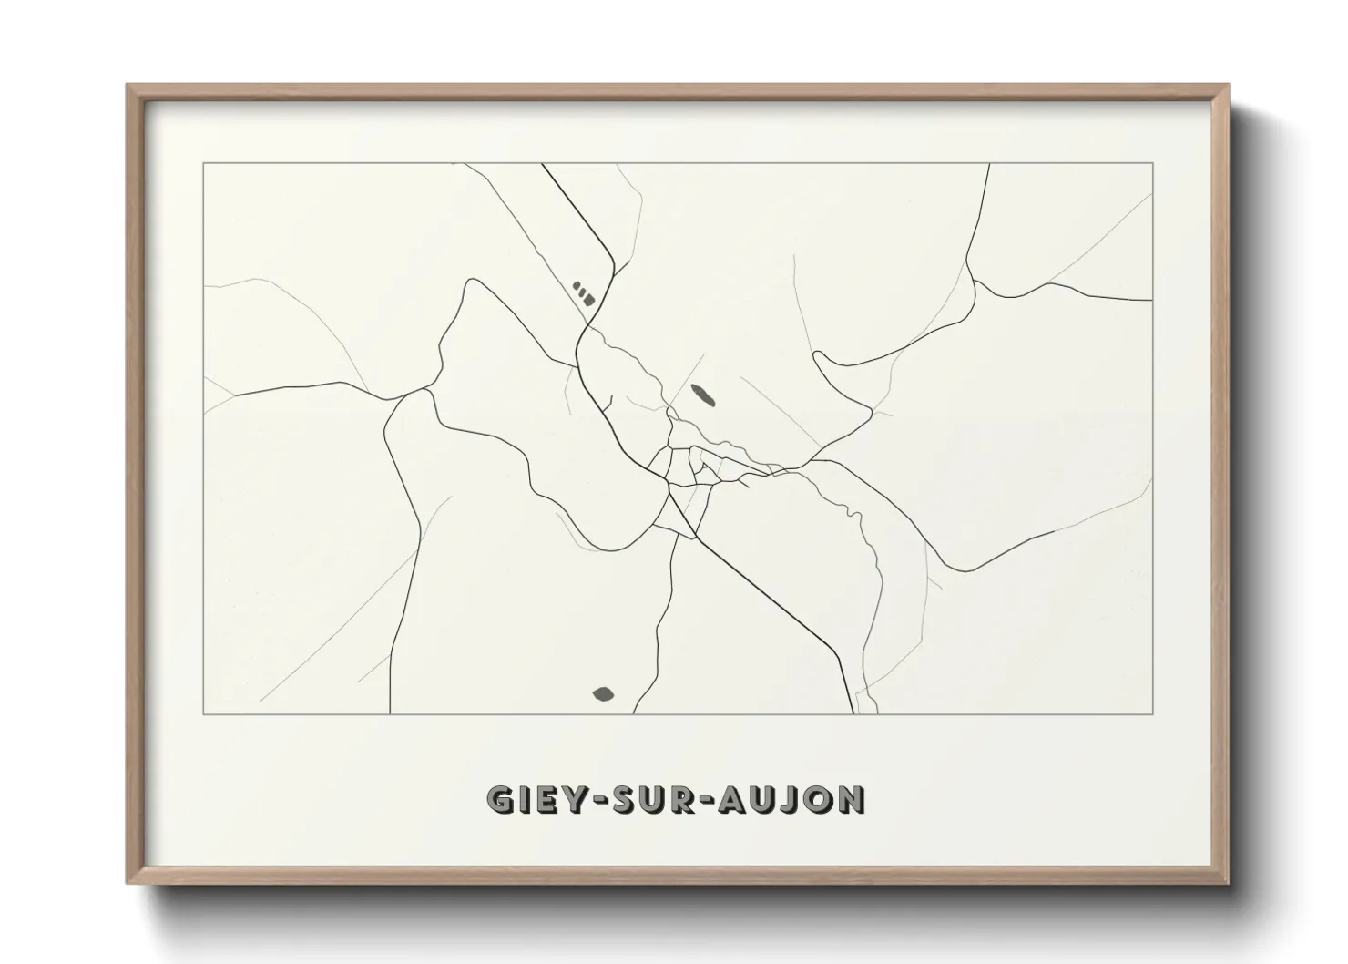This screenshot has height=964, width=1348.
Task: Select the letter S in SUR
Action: [623, 799]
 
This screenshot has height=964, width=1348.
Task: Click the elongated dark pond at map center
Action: [702, 395]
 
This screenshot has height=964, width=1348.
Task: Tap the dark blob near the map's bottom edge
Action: [603, 695]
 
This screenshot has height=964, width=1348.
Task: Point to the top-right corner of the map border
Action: [1152, 163]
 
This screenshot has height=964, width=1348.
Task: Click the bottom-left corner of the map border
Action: [204, 714]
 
